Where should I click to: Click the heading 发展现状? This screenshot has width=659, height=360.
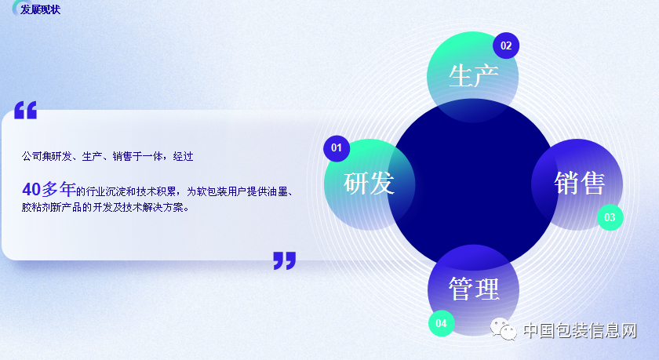tap(40, 9)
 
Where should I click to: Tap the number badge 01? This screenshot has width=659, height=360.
tap(337, 148)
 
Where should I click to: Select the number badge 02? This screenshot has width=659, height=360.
tap(506, 45)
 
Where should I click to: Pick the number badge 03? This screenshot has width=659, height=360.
tap(610, 217)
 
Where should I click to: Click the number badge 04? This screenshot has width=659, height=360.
tap(441, 323)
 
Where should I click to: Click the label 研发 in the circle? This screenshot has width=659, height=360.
tap(369, 184)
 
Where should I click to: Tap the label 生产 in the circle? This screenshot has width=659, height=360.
tap(474, 76)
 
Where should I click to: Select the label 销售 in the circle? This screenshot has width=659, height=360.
tap(579, 184)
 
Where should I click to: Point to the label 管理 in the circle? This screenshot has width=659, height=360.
tap(474, 289)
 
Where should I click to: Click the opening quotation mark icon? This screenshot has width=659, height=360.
tap(26, 110)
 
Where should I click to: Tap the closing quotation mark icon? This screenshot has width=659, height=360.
tap(285, 260)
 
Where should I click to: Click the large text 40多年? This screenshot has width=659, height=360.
tap(49, 190)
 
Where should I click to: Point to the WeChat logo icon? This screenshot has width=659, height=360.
tap(504, 329)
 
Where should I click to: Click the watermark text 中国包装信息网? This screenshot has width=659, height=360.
tap(580, 331)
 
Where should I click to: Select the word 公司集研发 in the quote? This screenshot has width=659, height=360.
tap(46, 157)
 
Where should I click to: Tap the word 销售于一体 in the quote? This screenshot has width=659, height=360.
tap(137, 157)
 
